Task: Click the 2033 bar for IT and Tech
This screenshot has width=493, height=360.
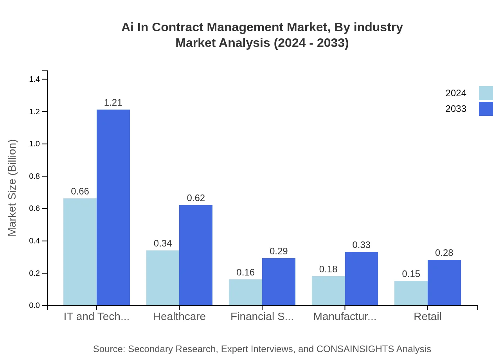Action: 113,207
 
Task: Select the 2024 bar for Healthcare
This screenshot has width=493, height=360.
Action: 163,278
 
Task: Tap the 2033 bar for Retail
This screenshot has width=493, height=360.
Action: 444,283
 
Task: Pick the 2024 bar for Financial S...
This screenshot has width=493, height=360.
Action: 245,292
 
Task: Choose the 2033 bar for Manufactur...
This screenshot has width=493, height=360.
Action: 362,279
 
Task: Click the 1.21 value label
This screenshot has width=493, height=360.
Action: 113,103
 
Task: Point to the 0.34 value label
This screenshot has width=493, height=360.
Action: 163,243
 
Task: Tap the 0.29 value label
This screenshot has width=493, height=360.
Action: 279,251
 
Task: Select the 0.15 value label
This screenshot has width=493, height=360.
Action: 411,274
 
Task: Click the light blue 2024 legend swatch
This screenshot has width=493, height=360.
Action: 486,93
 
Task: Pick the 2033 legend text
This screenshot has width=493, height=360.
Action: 456,109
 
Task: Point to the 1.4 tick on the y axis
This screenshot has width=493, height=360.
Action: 35,79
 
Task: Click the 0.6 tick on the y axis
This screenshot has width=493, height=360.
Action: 35,209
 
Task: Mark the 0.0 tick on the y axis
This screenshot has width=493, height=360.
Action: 35,306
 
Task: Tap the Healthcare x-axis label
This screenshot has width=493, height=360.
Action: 179,317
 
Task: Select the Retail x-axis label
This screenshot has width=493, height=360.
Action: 428,317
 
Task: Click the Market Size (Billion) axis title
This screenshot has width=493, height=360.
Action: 13,188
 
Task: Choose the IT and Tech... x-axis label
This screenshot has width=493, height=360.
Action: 97,317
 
